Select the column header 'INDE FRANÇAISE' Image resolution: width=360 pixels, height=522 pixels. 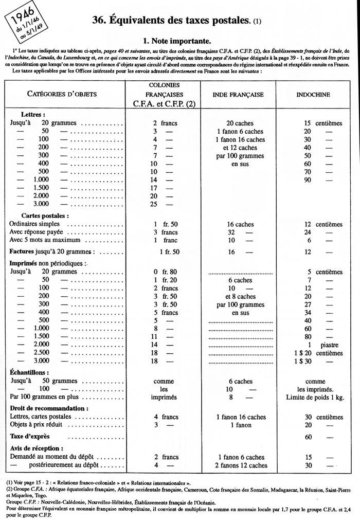[x=238, y=95]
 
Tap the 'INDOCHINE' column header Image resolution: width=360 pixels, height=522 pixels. [x=313, y=95]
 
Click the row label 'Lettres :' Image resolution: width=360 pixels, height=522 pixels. [x=32, y=115]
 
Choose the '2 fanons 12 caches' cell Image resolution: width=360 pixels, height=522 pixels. [x=238, y=465]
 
